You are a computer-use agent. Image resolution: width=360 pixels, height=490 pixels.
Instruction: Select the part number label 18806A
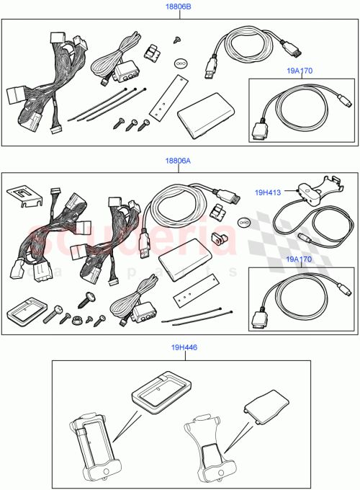(x=179, y=162)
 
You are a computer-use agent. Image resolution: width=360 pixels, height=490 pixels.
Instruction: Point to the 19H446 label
(x=185, y=347)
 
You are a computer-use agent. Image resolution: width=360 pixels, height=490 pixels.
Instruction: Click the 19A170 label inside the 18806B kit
(x=299, y=71)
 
